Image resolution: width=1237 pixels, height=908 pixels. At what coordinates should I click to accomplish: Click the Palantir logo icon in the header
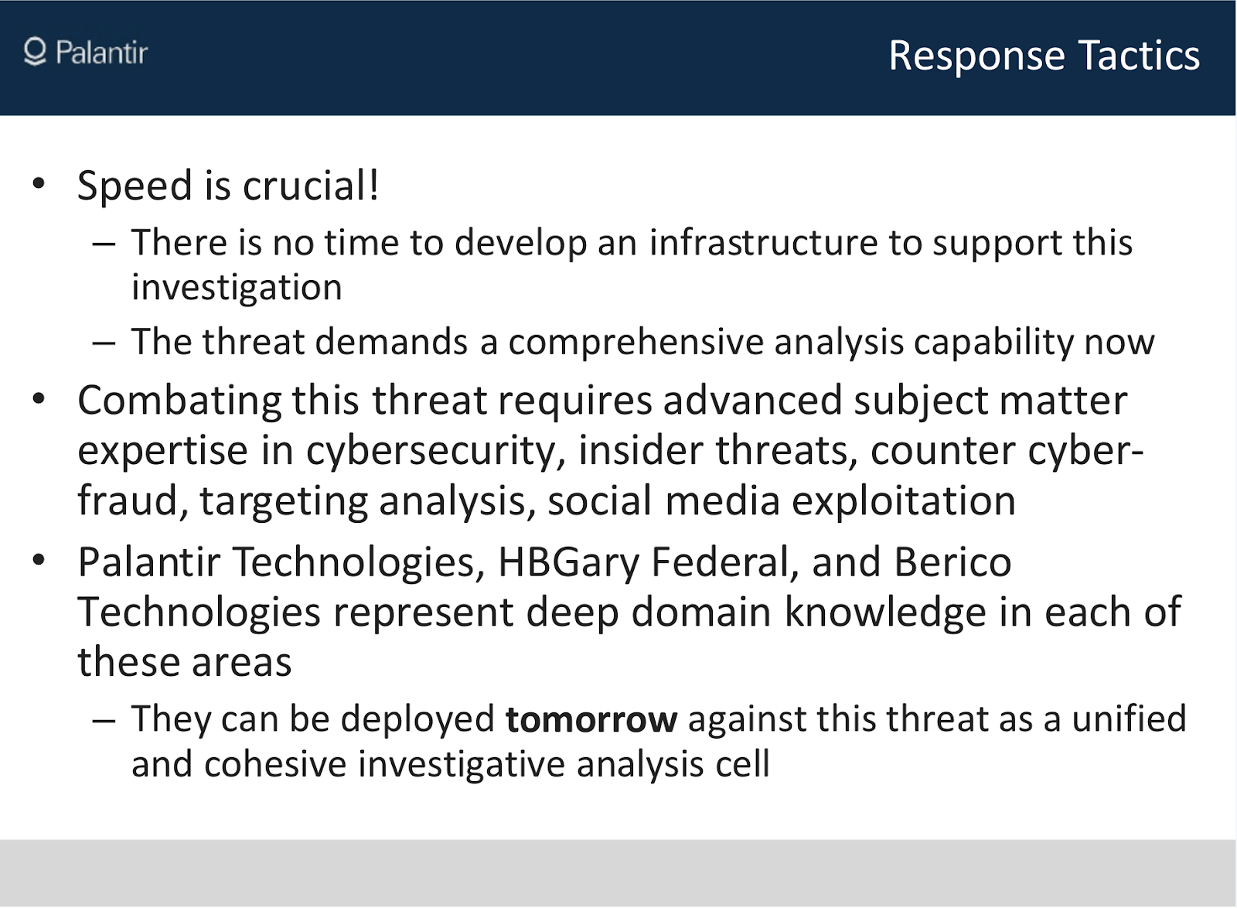coord(35,52)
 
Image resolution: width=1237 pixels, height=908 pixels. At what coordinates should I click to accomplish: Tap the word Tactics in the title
coord(1139,55)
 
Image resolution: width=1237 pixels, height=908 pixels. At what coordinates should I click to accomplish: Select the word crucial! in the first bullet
coord(311,186)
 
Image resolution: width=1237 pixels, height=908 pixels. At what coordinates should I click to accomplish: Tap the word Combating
coord(179,401)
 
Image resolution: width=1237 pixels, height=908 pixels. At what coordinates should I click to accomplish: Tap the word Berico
coord(952,562)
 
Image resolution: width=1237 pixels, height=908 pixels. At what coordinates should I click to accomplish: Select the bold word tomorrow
coord(591,720)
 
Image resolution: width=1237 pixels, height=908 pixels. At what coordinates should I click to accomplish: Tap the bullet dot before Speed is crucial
coord(39,183)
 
